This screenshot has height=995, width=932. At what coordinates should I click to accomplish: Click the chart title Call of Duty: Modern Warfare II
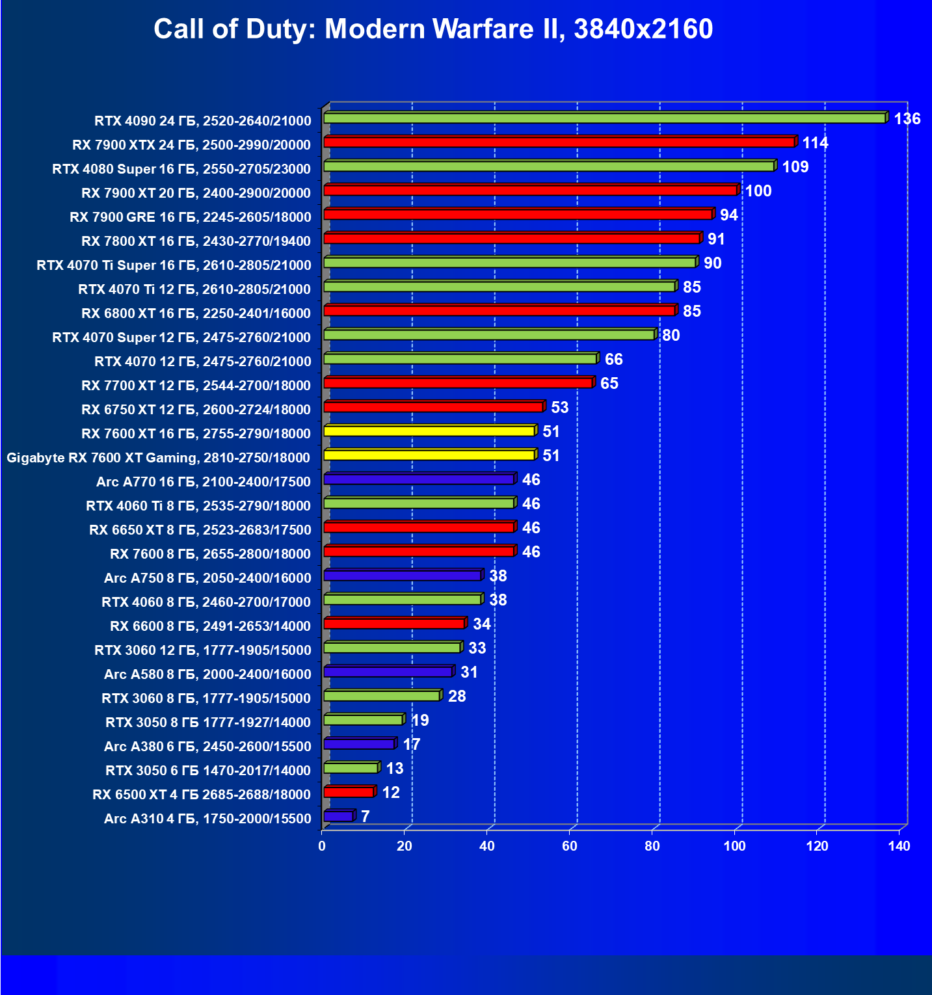click(x=433, y=29)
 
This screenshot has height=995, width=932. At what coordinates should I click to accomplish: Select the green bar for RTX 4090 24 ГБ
click(x=604, y=118)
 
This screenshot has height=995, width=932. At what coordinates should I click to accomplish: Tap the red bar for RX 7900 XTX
click(x=559, y=142)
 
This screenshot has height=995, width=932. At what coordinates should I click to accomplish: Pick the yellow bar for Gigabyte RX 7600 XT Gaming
click(x=429, y=455)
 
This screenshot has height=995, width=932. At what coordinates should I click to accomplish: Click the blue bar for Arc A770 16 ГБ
click(x=419, y=479)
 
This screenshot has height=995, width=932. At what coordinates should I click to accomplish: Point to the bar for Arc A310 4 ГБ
click(x=338, y=816)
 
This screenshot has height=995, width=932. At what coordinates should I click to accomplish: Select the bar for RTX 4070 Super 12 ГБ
click(x=489, y=335)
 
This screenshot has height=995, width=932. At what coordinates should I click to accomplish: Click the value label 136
click(x=907, y=119)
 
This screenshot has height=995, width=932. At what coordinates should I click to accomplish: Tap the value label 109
click(x=795, y=167)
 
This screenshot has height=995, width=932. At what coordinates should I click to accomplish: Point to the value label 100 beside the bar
click(x=758, y=191)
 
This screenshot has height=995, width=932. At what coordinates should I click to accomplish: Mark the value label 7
click(x=366, y=817)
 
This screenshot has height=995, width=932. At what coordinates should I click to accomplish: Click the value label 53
click(x=559, y=408)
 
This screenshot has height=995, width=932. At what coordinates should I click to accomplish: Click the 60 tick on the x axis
click(x=570, y=846)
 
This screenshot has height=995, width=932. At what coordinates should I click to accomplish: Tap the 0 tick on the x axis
click(x=322, y=846)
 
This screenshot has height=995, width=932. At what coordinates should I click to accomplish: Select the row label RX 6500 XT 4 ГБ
click(x=202, y=795)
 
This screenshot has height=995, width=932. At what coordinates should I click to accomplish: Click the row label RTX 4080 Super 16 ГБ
click(x=181, y=169)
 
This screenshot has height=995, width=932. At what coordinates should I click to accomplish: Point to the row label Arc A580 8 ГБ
click(x=207, y=674)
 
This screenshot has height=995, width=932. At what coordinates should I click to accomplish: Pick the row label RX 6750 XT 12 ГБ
click(x=196, y=410)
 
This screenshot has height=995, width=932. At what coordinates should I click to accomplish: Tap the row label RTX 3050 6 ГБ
click(x=208, y=771)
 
